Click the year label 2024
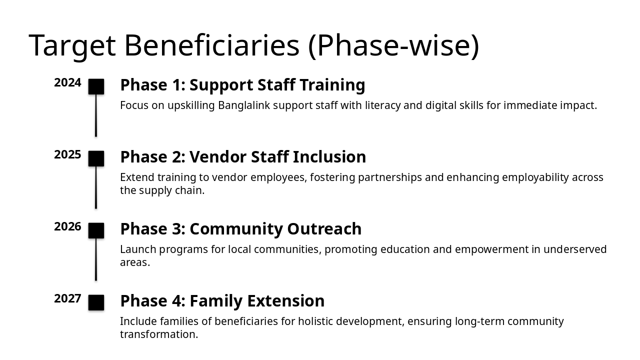coord(67,83)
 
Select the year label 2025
coord(67,155)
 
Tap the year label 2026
coord(67,227)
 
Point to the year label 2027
coord(67,299)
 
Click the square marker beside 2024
coord(96,86)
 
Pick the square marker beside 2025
coord(96,158)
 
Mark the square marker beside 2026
coord(96,230)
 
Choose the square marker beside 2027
coord(96,302)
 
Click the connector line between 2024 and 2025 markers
coord(96,116)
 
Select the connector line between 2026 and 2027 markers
coord(96,260)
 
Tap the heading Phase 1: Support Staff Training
coord(242,85)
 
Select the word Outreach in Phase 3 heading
coord(324,229)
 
